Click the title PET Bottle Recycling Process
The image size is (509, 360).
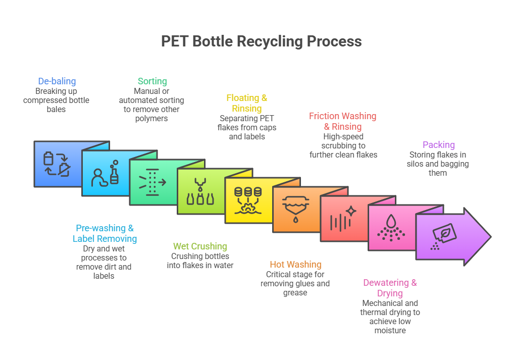(x=261, y=41)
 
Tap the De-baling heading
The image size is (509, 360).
(x=57, y=81)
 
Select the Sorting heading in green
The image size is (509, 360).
(x=152, y=81)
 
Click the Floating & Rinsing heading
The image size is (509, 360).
(x=246, y=103)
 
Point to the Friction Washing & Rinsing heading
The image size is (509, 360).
(x=342, y=121)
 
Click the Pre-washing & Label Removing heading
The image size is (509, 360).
(x=105, y=233)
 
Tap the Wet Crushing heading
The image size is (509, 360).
(x=200, y=246)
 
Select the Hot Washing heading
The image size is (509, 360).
(x=295, y=264)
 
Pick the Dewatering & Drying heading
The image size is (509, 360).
(x=390, y=288)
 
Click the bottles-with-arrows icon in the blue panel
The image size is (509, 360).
(x=57, y=164)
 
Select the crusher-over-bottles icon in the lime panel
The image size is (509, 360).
(x=200, y=192)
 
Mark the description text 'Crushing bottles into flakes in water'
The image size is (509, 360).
(x=200, y=261)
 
